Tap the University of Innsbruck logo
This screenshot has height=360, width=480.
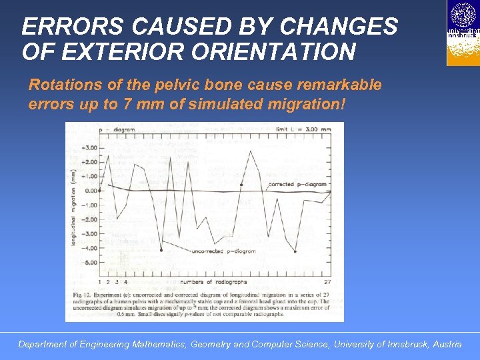463,33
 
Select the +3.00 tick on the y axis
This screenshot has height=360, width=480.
88,147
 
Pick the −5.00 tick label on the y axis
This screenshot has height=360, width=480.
88,263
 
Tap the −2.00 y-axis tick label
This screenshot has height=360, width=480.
88,219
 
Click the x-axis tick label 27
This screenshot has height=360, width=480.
327,282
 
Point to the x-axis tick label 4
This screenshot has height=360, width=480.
125,282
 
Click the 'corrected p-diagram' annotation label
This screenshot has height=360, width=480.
297,184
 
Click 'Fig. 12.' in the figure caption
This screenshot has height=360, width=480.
82,293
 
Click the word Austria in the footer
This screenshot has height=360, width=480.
446,345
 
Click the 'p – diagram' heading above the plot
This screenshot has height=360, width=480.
117,129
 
